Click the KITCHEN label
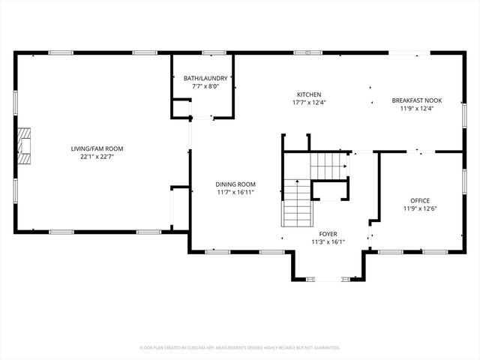(308, 94)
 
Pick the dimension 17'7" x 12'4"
(308, 103)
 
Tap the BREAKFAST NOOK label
(417, 100)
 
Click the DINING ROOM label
(235, 184)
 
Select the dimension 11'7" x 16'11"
(235, 192)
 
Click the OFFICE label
(419, 200)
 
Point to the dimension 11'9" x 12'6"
(419, 208)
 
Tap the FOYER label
(328, 234)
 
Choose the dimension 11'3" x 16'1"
(328, 242)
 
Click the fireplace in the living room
(25, 145)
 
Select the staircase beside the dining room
(296, 204)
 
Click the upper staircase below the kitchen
(328, 163)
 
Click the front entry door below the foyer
(328, 279)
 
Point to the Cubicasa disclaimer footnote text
(240, 347)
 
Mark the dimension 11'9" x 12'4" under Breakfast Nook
(417, 108)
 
